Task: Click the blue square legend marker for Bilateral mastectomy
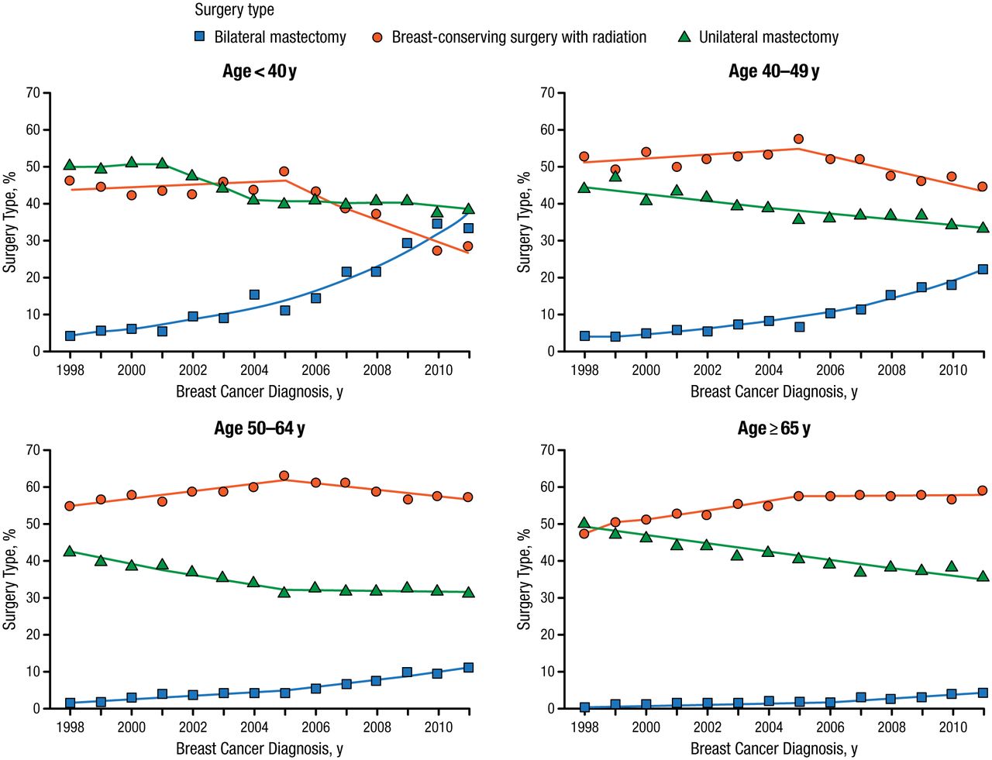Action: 199,36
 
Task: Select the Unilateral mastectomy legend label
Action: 768,37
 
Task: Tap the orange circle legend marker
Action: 377,37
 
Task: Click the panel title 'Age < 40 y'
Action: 259,71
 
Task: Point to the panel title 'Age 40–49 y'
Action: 773,71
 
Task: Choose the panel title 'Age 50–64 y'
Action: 259,428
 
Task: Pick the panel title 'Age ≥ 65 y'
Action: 773,428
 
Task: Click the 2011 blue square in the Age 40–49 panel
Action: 983,270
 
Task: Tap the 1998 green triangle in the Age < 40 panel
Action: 70,164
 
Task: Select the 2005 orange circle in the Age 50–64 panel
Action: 284,476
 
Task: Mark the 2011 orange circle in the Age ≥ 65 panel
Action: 983,490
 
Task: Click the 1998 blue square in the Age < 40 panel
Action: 70,336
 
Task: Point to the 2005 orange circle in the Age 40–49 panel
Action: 798,139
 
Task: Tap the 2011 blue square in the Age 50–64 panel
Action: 468,668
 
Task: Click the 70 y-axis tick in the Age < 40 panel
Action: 33,93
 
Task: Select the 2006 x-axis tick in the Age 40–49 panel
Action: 830,370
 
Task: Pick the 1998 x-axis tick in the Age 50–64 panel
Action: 70,727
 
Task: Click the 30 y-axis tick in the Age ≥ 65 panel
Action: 547,598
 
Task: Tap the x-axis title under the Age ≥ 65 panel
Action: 773,748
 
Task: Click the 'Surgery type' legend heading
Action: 234,10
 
